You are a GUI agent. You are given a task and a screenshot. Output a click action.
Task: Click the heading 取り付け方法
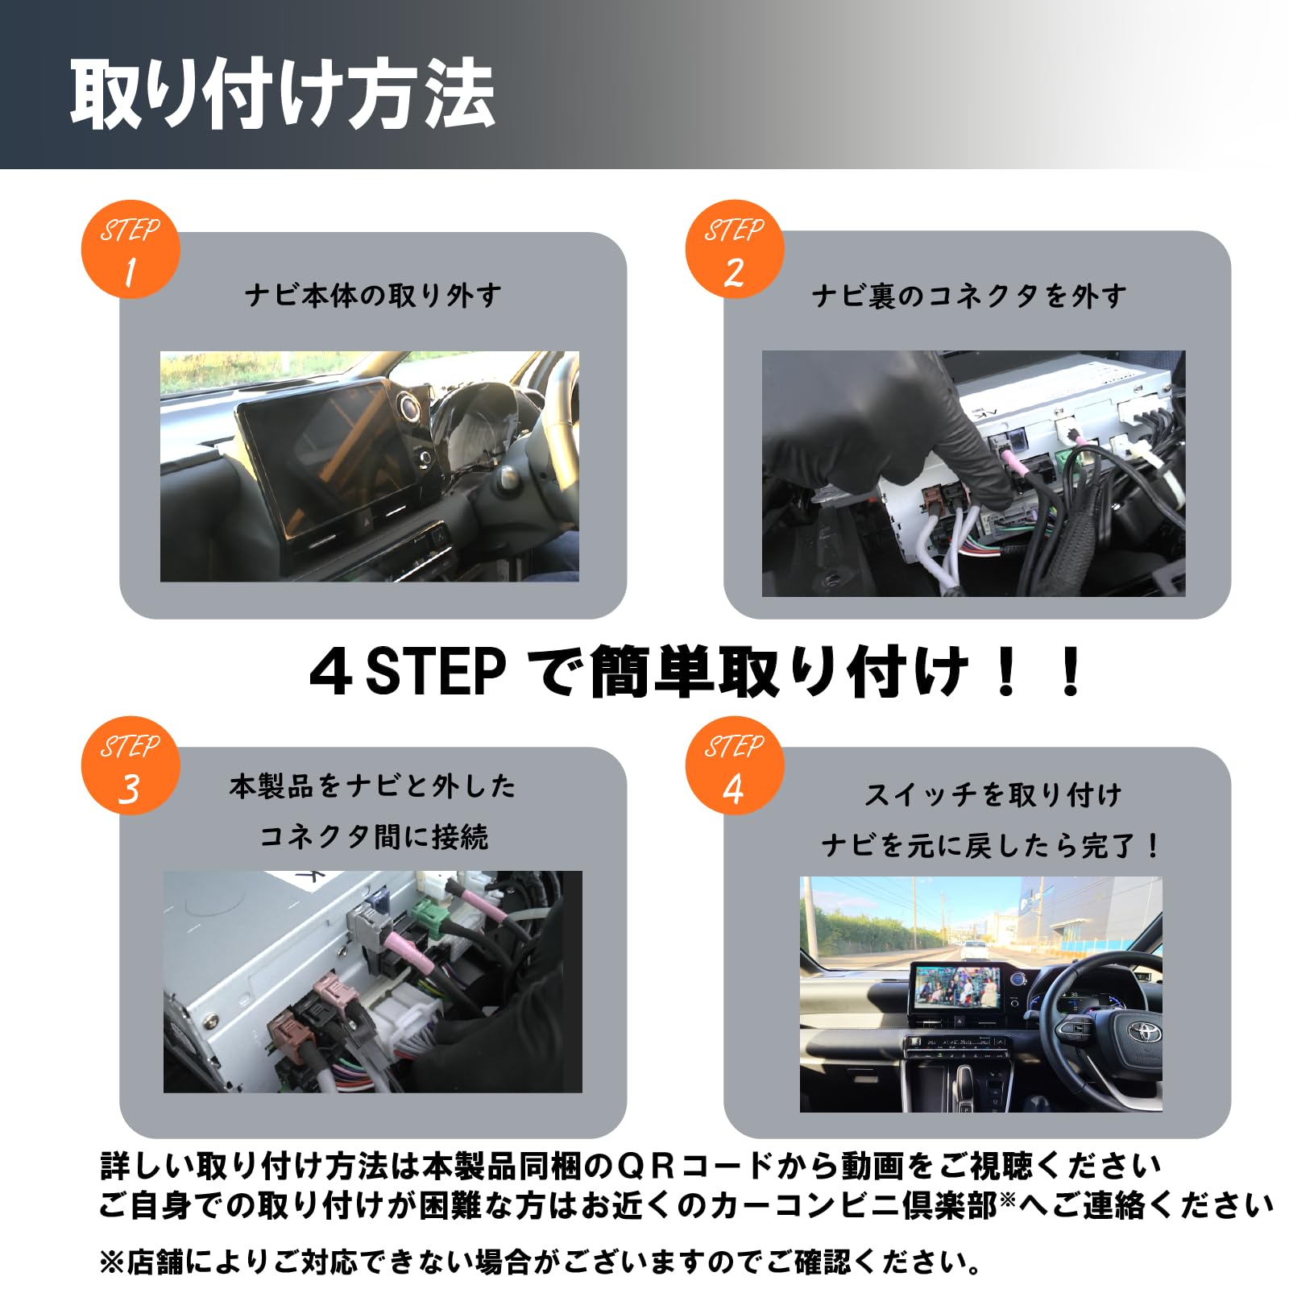point(282,95)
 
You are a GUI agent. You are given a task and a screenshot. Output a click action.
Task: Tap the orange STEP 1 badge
point(130,250)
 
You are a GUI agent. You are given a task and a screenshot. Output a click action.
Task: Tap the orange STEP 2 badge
point(734,250)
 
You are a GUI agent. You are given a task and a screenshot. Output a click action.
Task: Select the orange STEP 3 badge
point(130,765)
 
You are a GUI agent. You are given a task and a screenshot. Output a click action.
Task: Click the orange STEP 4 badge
point(734,765)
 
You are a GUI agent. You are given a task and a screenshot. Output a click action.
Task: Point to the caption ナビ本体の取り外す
point(373,296)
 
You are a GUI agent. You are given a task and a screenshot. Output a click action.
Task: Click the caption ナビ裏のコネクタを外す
point(969,296)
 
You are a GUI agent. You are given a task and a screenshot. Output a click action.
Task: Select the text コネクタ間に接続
point(373,837)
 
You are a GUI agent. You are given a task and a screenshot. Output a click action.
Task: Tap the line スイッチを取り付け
point(993,795)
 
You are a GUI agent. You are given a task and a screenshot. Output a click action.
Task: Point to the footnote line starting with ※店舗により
point(540,1262)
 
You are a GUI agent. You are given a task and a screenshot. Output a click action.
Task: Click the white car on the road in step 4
point(975,948)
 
